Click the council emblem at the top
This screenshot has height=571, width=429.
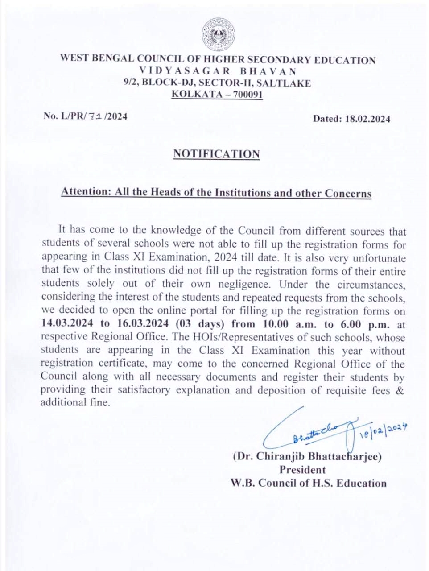pos(219,35)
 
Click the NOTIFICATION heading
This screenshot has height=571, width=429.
pos(216,154)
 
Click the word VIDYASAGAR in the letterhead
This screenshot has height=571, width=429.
pos(185,71)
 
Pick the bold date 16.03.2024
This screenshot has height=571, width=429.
pos(143,324)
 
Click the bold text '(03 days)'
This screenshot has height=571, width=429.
pos(199,324)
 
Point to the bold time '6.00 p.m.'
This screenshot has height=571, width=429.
pos(364,324)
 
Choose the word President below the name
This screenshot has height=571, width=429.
pos(302,470)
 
